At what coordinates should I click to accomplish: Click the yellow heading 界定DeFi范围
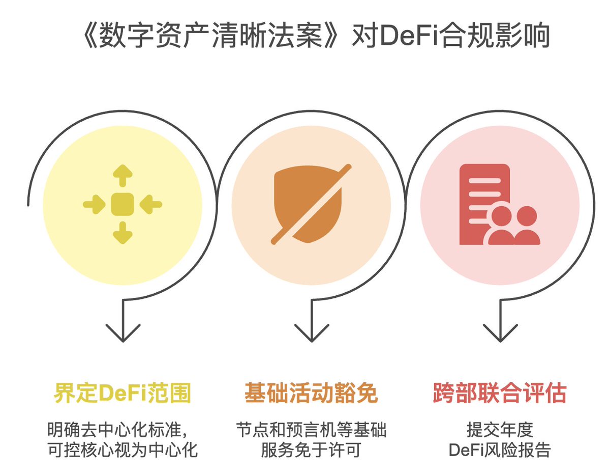(123, 393)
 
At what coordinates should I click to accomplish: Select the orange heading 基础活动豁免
(311, 393)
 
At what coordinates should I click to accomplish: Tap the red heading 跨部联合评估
(500, 393)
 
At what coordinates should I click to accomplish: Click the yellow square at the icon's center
(123, 204)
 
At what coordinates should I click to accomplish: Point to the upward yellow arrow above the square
(123, 176)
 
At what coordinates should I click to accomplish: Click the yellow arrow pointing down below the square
(123, 233)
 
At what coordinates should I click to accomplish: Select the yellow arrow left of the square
(94, 204)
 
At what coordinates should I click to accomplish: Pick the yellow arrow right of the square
(151, 204)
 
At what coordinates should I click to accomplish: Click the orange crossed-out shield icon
(311, 204)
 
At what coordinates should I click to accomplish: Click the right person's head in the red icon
(527, 216)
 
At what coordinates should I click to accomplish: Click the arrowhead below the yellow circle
(123, 333)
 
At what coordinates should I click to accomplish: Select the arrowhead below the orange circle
(312, 333)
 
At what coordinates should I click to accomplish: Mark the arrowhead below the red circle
(500, 333)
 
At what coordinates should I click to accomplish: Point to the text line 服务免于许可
(311, 450)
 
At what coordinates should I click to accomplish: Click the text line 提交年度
(500, 430)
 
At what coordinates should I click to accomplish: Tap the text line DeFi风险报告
(500, 450)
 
